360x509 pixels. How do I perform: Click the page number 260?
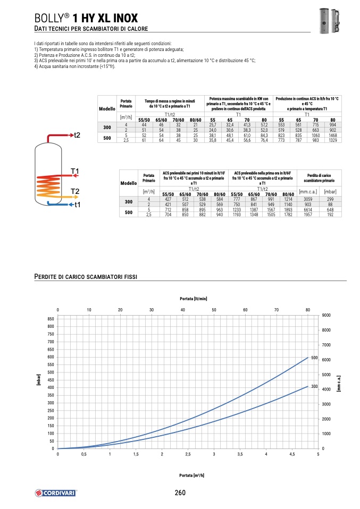point(180,493)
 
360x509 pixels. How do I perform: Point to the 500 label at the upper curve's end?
point(314,358)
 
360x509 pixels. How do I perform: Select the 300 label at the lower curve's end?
point(314,386)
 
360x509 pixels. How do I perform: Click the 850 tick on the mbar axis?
point(51,318)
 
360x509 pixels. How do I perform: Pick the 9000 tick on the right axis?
point(326,315)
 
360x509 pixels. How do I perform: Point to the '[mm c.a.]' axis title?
point(339,383)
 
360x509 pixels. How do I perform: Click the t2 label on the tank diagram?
point(77,135)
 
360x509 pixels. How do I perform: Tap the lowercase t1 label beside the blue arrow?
point(77,205)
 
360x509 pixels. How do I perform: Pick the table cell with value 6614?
point(307,210)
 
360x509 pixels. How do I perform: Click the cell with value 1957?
point(307,215)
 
